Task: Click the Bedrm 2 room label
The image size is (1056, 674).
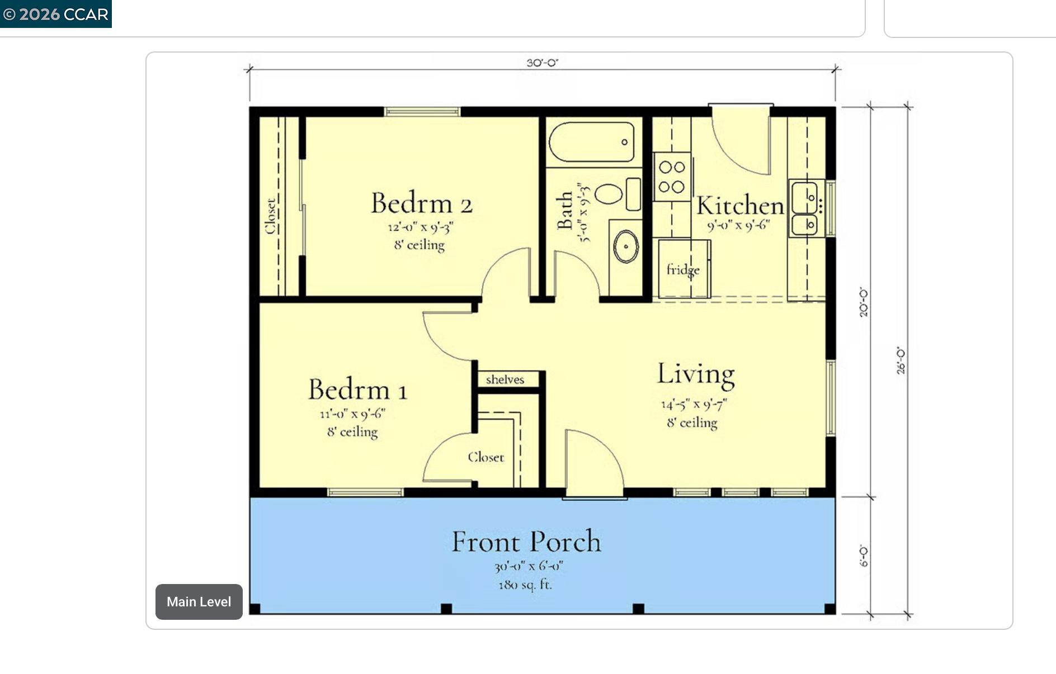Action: point(422,203)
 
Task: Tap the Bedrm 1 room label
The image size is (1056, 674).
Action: point(357,390)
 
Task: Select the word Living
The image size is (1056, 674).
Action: point(695,374)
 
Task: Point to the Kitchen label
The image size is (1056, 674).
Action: point(739,206)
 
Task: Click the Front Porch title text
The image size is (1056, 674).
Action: point(526,542)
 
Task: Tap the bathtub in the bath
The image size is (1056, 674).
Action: point(592,142)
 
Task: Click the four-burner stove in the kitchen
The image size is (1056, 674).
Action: point(672,177)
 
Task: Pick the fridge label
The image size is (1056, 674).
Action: point(683,270)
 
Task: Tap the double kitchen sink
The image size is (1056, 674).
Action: point(805,208)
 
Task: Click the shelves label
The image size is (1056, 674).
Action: point(505,379)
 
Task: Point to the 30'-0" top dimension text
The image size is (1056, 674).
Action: point(542,63)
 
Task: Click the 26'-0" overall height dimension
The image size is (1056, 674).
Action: point(901,360)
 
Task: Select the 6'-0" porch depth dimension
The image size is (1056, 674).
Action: point(864,556)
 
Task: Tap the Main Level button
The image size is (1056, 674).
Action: point(199,602)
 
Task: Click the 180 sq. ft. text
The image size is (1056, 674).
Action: point(525,585)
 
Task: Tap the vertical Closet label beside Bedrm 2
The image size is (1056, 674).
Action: point(270,216)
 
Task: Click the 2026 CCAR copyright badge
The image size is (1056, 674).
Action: point(55,14)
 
